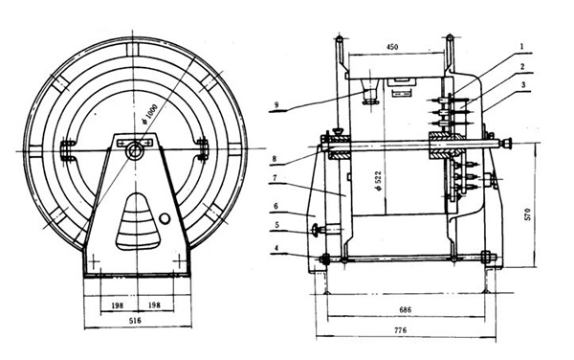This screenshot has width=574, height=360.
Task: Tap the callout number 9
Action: click(276, 105)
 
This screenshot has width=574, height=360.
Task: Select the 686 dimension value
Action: click(406, 312)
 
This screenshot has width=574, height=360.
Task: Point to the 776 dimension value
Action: click(406, 330)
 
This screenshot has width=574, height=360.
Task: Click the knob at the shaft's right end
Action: click(506, 145)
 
